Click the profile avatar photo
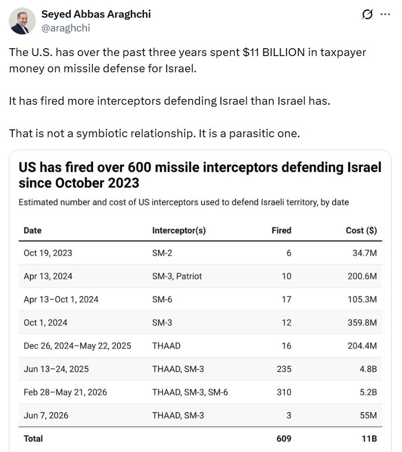22,21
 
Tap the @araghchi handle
66,28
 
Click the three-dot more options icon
385,14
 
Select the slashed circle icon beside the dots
367,14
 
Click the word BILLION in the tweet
284,53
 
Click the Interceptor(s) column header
179,230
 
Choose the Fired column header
281,230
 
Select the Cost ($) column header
361,230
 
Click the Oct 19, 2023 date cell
48,253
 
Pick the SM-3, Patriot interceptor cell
177,276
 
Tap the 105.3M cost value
362,299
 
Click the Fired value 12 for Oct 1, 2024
286,323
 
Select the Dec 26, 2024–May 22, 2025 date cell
77,346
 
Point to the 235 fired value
284,369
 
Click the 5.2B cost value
368,392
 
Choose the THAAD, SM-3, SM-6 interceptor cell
190,392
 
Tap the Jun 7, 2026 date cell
46,416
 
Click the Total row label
33,438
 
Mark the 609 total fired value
284,438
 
